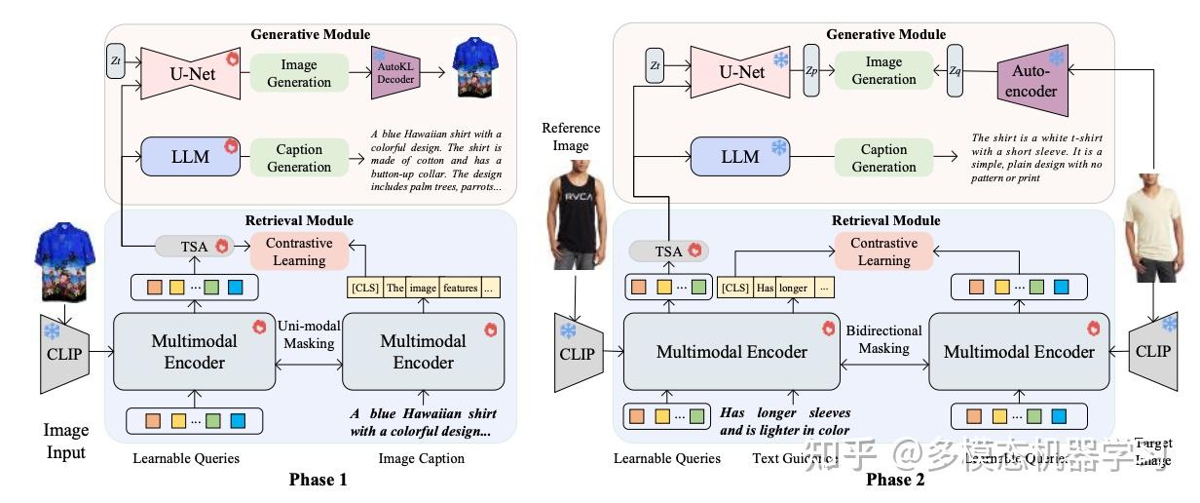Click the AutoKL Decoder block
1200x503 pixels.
click(394, 73)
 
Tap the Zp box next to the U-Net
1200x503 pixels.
click(811, 71)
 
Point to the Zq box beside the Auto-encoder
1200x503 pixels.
click(955, 71)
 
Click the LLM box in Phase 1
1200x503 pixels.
click(190, 157)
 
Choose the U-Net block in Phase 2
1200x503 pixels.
click(741, 72)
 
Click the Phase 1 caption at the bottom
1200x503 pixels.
click(318, 479)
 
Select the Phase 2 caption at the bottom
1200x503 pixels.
click(895, 479)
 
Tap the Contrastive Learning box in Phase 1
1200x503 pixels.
click(299, 251)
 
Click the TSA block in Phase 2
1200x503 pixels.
click(668, 251)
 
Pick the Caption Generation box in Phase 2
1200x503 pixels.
click(884, 158)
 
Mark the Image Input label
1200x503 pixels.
click(66, 441)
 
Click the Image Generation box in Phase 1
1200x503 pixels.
click(299, 73)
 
